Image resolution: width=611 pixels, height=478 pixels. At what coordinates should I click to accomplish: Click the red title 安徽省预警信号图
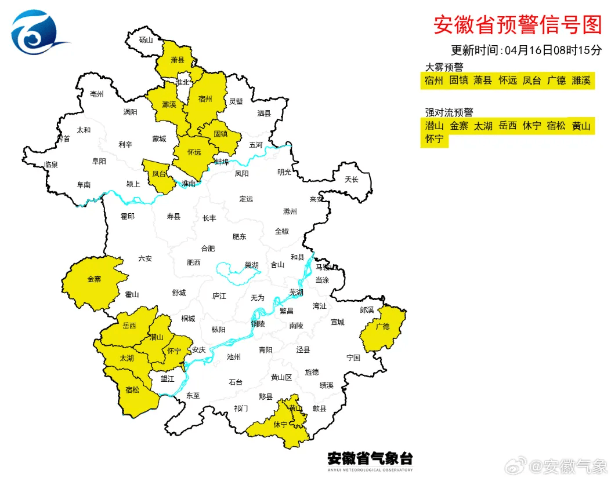pyautogui.click(x=518, y=25)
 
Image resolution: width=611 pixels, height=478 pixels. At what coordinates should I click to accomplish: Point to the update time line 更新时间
pyautogui.click(x=526, y=50)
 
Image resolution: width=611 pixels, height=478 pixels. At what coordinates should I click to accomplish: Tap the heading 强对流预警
pyautogui.click(x=449, y=112)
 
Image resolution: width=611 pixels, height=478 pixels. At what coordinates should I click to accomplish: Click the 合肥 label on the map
pyautogui.click(x=208, y=249)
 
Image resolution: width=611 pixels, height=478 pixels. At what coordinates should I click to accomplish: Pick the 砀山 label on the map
pyautogui.click(x=146, y=40)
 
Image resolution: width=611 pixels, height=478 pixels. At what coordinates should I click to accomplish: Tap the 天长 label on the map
pyautogui.click(x=352, y=180)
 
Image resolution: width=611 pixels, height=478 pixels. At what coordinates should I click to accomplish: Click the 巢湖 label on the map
pyautogui.click(x=251, y=265)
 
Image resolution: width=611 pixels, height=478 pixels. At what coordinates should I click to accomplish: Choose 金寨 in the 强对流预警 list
pyautogui.click(x=458, y=126)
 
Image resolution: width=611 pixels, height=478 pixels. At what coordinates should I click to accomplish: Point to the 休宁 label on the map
pyautogui.click(x=280, y=425)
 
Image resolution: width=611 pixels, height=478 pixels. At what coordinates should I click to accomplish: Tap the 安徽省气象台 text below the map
pyautogui.click(x=370, y=458)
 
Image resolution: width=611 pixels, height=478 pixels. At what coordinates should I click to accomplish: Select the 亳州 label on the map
pyautogui.click(x=97, y=94)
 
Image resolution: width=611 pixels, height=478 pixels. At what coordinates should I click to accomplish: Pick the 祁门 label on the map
pyautogui.click(x=241, y=408)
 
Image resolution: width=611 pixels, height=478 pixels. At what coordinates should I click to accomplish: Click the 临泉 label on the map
pyautogui.click(x=51, y=165)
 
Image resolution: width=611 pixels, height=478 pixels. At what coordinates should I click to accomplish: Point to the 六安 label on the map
pyautogui.click(x=145, y=258)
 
